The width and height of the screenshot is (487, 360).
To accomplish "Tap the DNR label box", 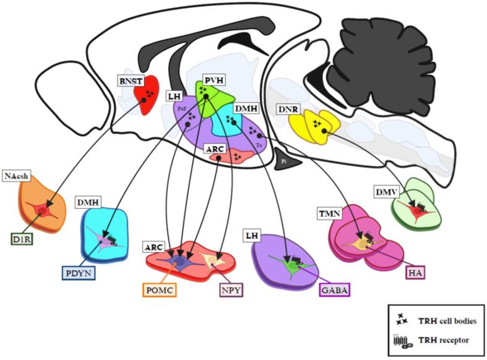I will (288, 110).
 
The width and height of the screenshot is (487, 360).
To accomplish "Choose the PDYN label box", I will (80, 273).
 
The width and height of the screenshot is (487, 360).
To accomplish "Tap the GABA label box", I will (334, 288).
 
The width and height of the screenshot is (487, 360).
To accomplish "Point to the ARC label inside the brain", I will (213, 148).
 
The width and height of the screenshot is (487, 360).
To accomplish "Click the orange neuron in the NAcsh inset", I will (42, 212).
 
